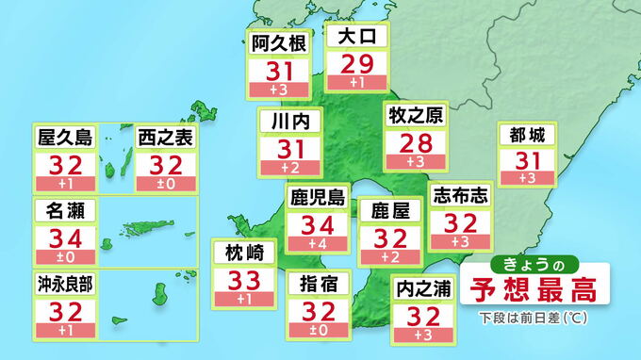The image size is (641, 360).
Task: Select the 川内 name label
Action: pos(290,122)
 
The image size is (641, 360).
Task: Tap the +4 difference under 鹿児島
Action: pos(318,245)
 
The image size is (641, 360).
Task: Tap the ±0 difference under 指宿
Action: pos(318,330)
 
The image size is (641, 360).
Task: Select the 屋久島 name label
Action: pos(65,138)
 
